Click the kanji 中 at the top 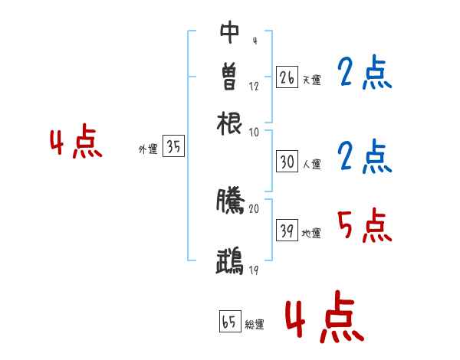[x=230, y=32]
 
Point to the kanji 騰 [x=230, y=200]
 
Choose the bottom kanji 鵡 [x=230, y=261]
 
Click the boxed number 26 [x=287, y=77]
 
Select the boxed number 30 [x=287, y=162]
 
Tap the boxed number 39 [x=287, y=231]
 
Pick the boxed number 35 [x=173, y=148]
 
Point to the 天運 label [x=311, y=80]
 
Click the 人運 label [x=311, y=164]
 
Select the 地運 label [x=311, y=234]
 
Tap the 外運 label [x=147, y=150]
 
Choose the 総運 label [x=255, y=325]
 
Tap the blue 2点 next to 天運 [x=364, y=74]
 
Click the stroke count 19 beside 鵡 [x=254, y=270]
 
